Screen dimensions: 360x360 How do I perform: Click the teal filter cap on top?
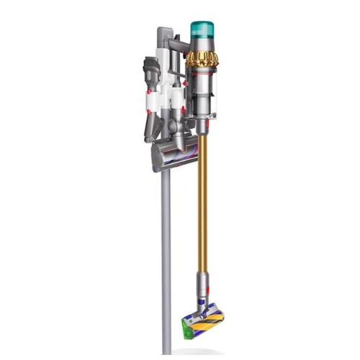(206, 32)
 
